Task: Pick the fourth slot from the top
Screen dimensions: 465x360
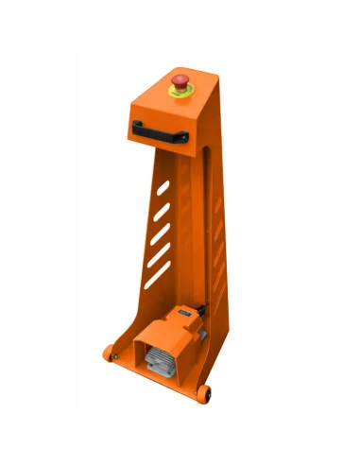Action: tap(160, 252)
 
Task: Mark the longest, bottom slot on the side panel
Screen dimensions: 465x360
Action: tap(158, 275)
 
